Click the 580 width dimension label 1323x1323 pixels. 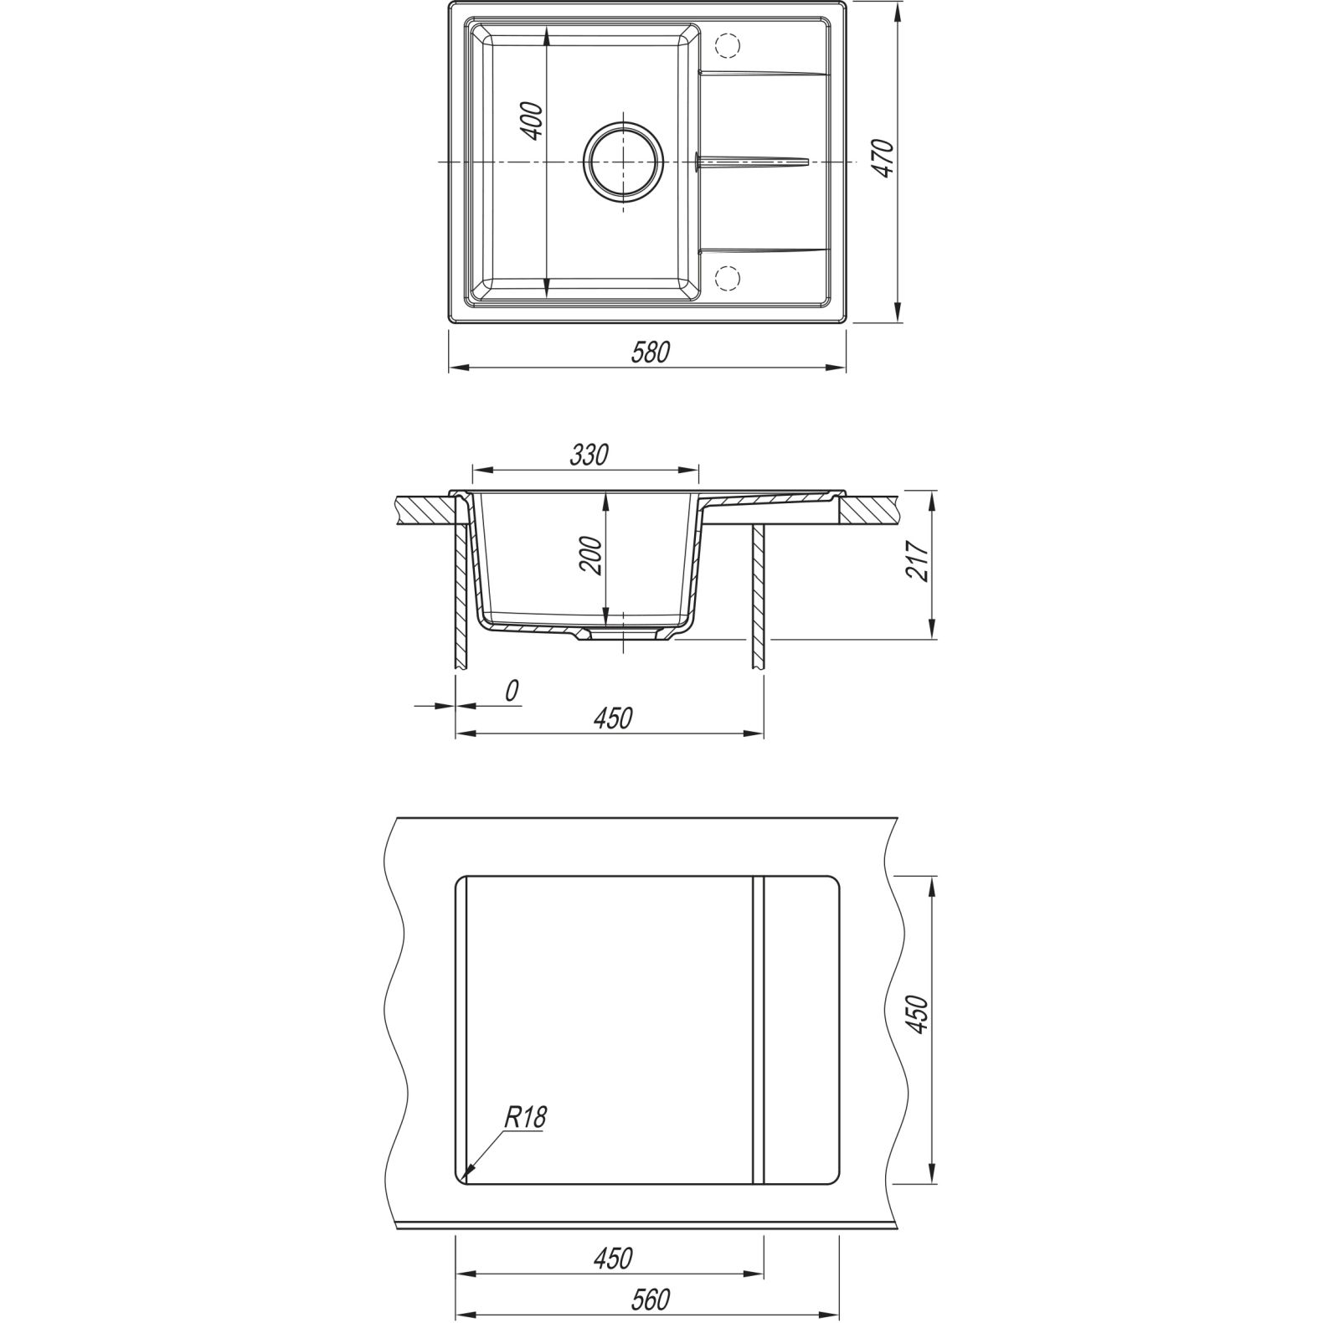tap(651, 353)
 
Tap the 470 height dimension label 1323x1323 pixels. tap(884, 158)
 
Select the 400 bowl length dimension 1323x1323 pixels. tap(533, 120)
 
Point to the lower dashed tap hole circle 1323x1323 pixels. tap(727, 276)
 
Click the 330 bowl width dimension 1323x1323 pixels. tap(589, 455)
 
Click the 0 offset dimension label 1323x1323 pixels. tap(512, 690)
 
